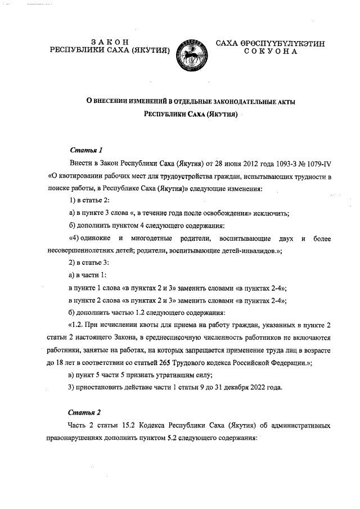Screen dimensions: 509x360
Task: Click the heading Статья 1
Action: coord(85,150)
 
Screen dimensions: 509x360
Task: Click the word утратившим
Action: coord(163,375)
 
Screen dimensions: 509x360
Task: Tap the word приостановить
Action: coord(100,388)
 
